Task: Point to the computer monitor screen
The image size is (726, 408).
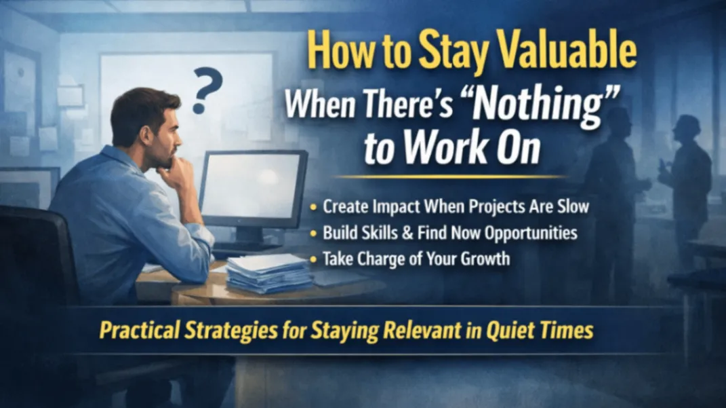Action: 252,185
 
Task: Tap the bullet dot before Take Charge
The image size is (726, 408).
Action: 314,259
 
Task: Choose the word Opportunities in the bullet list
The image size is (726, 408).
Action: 531,234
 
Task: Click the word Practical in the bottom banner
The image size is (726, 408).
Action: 140,331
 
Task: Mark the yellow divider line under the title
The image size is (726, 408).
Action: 450,177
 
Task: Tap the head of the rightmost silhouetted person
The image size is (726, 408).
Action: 687,127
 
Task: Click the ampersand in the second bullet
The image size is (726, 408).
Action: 407,233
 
